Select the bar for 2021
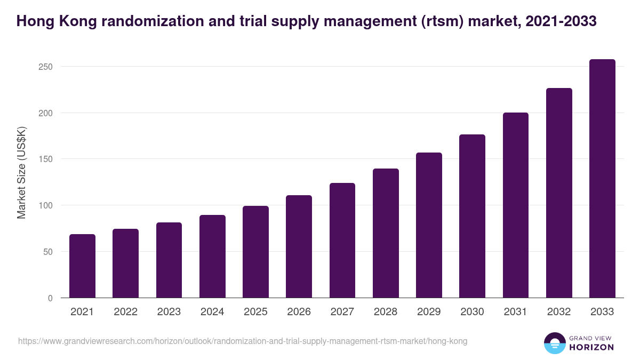point(82,266)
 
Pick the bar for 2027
point(342,241)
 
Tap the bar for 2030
point(472,216)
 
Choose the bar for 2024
point(212,257)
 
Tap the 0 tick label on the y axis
point(50,298)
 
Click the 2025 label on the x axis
point(255,312)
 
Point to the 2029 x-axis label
point(429,312)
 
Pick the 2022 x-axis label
point(125,312)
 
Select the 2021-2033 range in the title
point(561,21)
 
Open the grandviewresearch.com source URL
point(243,341)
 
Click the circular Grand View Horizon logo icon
point(555,343)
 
